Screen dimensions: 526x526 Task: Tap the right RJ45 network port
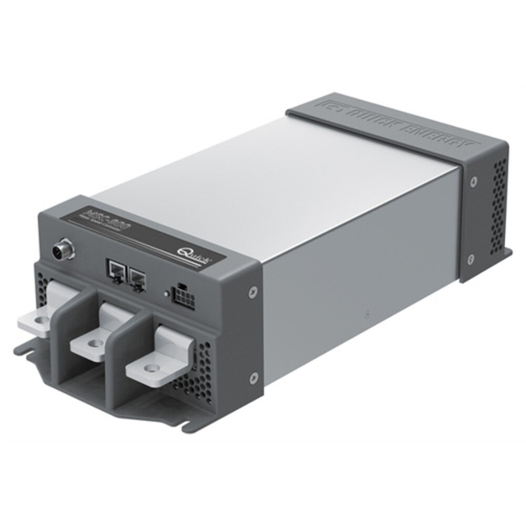(138, 275)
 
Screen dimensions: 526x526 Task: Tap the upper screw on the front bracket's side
(254, 290)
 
